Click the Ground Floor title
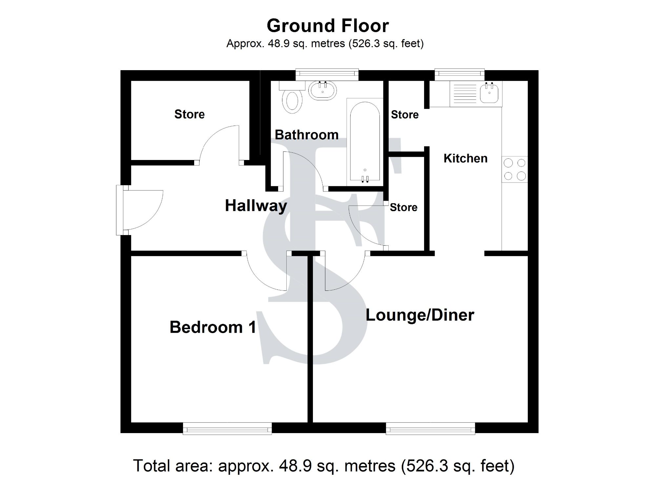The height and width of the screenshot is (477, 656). click(328, 26)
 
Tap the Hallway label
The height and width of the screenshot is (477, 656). click(256, 206)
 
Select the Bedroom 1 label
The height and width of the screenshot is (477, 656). click(213, 327)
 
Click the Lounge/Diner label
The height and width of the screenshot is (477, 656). click(420, 315)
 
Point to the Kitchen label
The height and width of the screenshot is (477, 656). click(465, 158)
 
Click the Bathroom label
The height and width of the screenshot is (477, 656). click(306, 135)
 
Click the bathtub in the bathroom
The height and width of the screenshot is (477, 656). click(365, 141)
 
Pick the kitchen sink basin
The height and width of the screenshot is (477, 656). click(489, 93)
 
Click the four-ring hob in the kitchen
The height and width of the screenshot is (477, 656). click(515, 169)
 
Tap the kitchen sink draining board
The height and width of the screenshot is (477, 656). click(464, 93)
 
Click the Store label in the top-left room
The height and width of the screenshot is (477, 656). click(189, 114)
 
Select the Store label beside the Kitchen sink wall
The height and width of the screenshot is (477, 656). click(405, 115)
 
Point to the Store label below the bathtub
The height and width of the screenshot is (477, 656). click(403, 207)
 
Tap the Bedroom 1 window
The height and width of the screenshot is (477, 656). click(227, 428)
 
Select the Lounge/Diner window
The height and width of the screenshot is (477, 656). click(430, 428)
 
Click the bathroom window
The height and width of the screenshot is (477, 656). click(327, 74)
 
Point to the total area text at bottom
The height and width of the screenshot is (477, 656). click(323, 466)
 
